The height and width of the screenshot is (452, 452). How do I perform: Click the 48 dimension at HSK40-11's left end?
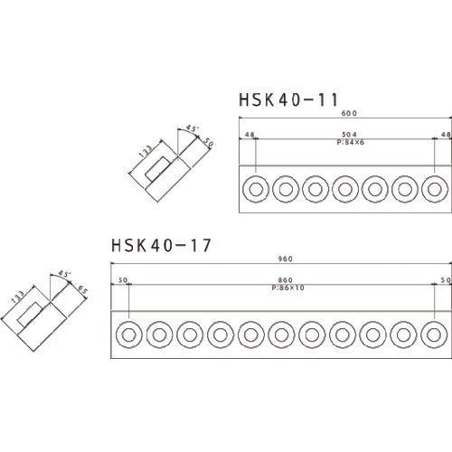[248, 134]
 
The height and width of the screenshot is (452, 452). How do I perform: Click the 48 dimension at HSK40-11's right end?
[445, 134]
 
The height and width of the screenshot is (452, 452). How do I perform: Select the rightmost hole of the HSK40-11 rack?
[435, 189]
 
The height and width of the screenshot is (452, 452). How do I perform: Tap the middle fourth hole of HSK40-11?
[345, 189]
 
